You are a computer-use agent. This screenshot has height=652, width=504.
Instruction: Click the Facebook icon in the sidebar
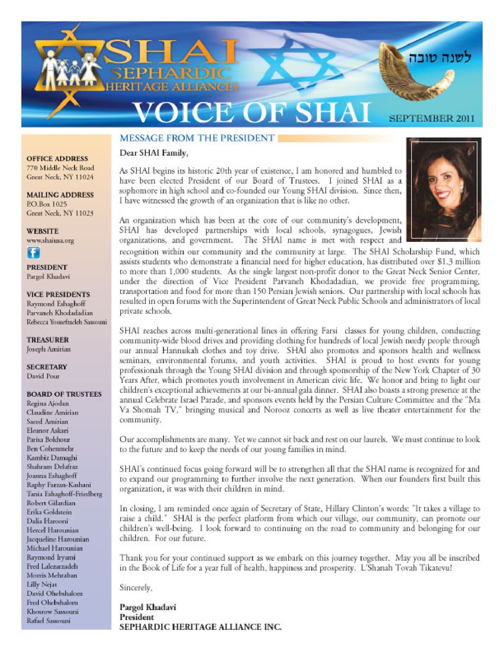33,253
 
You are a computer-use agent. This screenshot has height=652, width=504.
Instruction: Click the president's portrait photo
444,189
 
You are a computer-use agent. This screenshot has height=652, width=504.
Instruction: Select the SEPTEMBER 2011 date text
431,118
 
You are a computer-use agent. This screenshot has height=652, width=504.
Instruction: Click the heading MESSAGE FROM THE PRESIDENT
197,138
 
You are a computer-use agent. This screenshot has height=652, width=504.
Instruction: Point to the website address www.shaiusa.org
50,241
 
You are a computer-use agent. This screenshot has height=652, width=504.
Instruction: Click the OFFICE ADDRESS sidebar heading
57,159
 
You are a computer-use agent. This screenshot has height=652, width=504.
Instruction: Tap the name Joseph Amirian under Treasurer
48,349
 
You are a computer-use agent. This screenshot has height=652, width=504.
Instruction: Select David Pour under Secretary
43,376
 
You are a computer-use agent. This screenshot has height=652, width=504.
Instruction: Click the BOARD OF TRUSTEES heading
64,394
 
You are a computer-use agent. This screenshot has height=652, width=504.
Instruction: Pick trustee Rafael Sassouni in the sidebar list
48,621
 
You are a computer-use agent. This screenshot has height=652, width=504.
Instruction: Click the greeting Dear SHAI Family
154,153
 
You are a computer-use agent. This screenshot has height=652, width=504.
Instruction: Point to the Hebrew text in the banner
440,58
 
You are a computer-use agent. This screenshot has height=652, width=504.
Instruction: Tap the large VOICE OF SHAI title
252,113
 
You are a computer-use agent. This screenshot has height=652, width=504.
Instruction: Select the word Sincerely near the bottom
136,587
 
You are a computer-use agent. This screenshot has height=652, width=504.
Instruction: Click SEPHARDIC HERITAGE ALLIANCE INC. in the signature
200,627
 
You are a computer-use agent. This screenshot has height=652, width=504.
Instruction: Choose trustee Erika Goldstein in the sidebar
49,512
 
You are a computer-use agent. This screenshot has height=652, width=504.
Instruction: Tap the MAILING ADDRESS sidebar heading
60,195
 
